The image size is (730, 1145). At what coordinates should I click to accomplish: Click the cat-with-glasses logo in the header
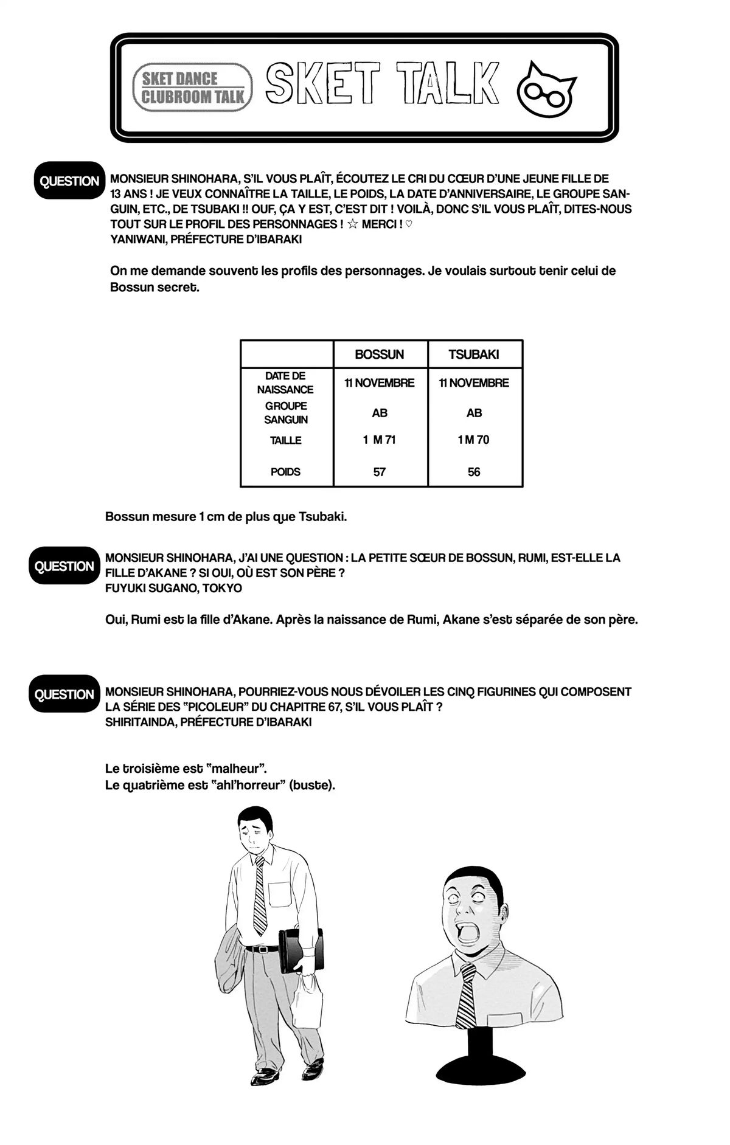click(546, 87)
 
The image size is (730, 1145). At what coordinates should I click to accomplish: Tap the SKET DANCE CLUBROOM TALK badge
click(192, 88)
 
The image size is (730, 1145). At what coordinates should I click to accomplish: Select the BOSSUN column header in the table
click(380, 355)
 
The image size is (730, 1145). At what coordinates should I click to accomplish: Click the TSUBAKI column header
click(474, 355)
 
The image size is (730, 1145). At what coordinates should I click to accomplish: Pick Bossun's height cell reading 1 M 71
click(380, 440)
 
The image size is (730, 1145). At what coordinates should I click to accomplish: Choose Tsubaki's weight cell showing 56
click(474, 472)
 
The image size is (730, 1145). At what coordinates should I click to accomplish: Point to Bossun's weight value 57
click(380, 472)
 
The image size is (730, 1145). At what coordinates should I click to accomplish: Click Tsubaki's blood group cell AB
click(474, 413)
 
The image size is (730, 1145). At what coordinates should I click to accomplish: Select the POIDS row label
click(286, 472)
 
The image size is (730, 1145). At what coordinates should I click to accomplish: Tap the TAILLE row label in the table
click(286, 440)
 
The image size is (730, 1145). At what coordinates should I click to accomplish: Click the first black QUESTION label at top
click(69, 181)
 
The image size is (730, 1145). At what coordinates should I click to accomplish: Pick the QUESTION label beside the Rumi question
click(64, 566)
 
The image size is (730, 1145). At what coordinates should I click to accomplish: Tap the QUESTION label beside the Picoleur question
click(64, 694)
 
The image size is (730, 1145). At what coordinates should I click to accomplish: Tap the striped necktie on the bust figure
click(467, 995)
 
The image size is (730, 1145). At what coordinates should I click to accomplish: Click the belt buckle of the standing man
click(263, 949)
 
